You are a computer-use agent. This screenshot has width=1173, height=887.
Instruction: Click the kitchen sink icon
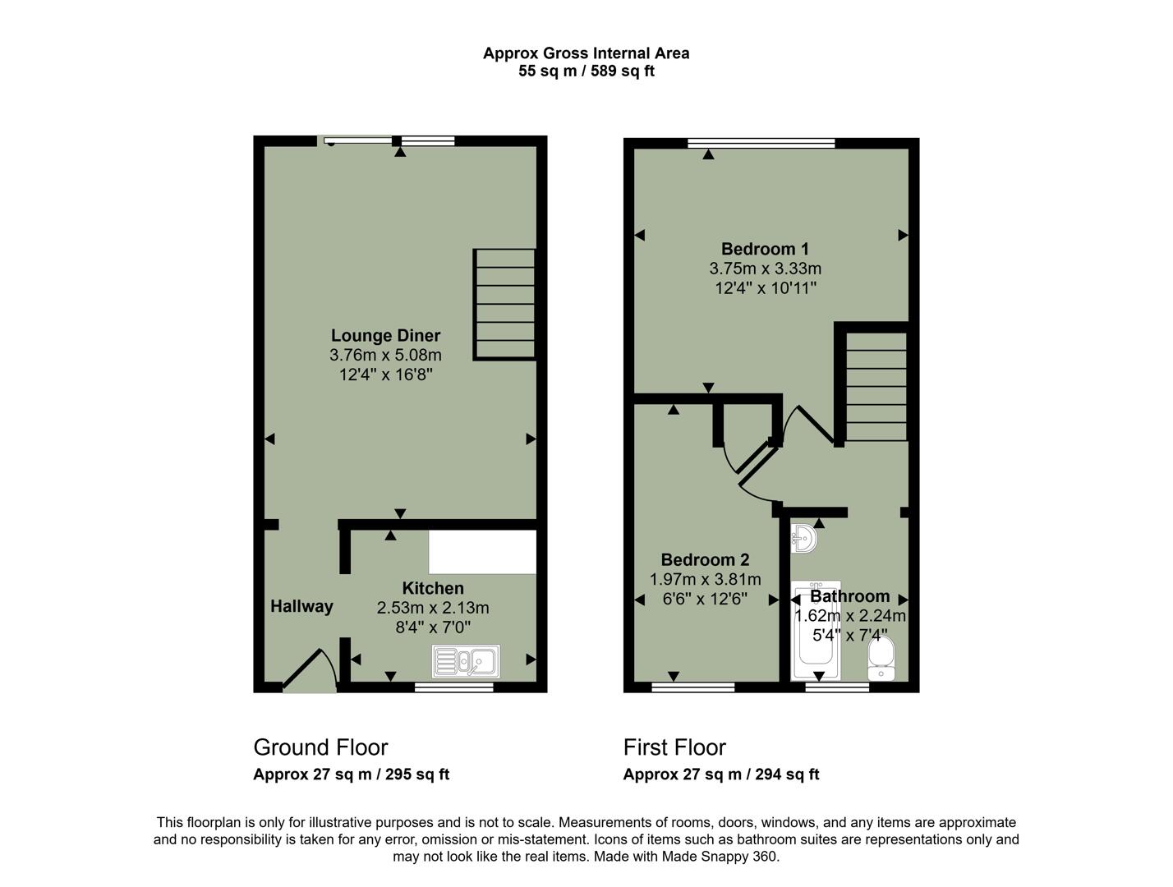[x=466, y=661]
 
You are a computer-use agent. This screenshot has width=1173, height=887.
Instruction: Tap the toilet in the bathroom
[x=881, y=660]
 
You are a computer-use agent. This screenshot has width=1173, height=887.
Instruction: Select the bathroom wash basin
[x=803, y=539]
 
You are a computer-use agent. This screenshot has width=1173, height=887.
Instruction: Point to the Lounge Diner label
[x=385, y=335]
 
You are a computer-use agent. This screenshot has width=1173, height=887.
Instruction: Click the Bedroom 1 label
[x=765, y=249]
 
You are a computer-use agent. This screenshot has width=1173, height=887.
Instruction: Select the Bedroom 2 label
[x=705, y=560]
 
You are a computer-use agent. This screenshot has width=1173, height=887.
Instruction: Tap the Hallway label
[x=301, y=606]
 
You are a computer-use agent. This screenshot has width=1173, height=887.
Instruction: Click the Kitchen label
[x=433, y=588]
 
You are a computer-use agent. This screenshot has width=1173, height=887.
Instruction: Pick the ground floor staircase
[x=504, y=305]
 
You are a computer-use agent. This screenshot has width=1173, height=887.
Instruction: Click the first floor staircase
[x=876, y=386]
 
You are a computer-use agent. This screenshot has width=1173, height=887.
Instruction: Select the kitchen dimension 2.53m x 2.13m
[x=433, y=608]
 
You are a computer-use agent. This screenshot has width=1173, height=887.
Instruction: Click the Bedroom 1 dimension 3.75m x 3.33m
[x=765, y=269]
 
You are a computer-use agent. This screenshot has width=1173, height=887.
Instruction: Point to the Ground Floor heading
[x=320, y=747]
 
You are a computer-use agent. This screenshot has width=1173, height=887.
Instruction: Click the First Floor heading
[x=674, y=747]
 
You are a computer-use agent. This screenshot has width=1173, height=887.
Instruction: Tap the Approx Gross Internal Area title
[x=586, y=53]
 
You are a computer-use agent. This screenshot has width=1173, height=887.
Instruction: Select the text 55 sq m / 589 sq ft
[x=586, y=71]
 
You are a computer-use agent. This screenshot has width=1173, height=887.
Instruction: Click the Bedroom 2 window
[x=692, y=687]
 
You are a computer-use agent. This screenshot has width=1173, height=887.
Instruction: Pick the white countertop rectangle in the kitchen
[x=482, y=551]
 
